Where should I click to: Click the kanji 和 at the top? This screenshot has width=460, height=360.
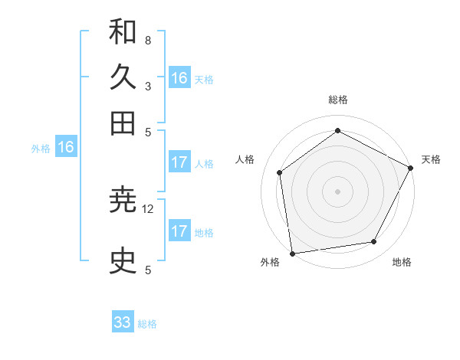click(123, 32)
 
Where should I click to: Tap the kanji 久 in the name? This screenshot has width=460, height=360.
click(123, 77)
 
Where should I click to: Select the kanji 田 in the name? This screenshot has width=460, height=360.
click(123, 123)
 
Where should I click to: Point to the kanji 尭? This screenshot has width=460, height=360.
click(123, 201)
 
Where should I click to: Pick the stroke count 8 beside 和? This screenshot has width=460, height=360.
click(147, 40)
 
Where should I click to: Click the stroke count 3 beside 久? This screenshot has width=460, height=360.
click(147, 86)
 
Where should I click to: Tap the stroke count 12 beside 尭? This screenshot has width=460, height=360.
click(148, 208)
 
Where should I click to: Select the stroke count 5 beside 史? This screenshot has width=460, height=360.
click(147, 270)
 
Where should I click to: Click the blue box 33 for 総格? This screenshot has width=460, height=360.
click(123, 322)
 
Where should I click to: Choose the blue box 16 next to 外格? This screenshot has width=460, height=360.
click(66, 148)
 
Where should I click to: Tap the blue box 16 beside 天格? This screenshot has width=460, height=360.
click(179, 78)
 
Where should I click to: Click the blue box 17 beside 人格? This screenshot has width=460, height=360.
click(179, 162)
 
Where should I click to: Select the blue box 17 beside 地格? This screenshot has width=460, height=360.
click(179, 231)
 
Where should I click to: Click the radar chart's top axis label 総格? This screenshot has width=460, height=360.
click(338, 100)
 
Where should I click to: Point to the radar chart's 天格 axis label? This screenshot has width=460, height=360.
click(431, 159)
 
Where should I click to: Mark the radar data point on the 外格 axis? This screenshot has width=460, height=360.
click(292, 253)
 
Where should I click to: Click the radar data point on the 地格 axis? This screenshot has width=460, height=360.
click(374, 242)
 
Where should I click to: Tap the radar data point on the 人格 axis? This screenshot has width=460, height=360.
click(280, 172)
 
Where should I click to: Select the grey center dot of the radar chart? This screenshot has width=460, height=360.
click(338, 191)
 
